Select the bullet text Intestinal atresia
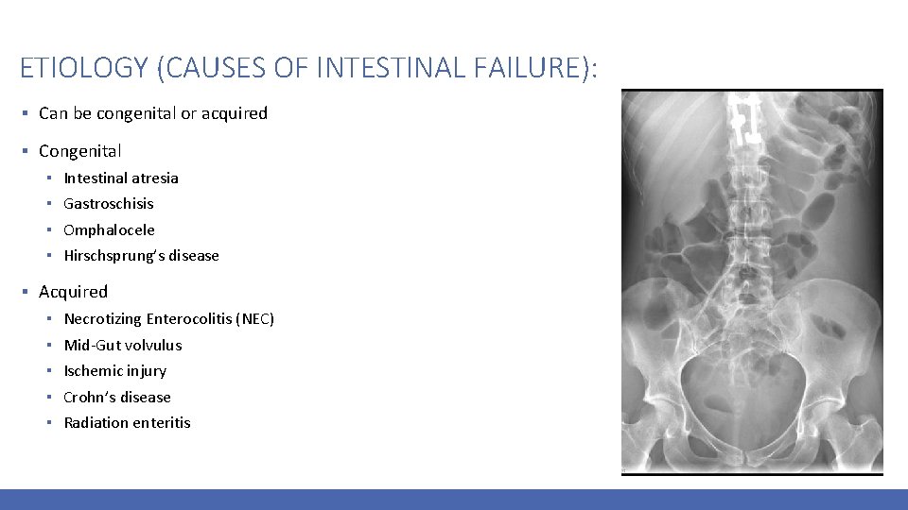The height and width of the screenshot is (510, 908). coord(121,178)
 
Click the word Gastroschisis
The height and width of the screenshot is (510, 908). coord(109,203)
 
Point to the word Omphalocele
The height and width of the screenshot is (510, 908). coord(109,229)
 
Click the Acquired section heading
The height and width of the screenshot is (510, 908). coord(74,292)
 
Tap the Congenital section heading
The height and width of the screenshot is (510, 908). coord(80,151)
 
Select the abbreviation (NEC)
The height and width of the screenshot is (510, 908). coord(255,319)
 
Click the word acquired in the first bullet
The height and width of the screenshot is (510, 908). coord(236,113)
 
